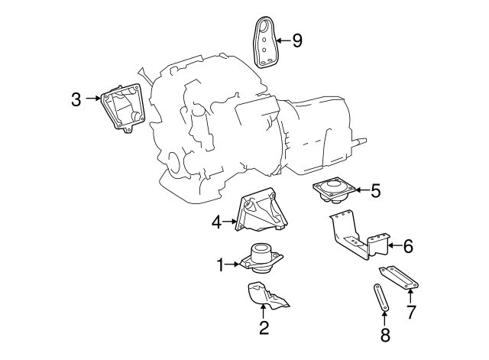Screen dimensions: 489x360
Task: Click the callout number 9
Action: tap(297, 41)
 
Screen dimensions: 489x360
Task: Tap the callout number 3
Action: tap(76, 99)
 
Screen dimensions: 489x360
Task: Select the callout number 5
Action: tap(376, 190)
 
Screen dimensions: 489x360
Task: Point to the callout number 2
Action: tap(264, 328)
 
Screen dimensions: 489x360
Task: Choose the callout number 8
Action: tap(385, 335)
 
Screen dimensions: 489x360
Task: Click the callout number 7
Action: tap(411, 312)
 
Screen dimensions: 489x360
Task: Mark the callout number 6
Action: tap(408, 246)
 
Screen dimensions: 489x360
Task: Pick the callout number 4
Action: tap(217, 222)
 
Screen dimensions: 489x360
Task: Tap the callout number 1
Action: tap(221, 265)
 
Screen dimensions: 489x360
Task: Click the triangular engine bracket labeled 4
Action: tap(261, 212)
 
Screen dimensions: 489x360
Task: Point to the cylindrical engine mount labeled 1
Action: tap(261, 258)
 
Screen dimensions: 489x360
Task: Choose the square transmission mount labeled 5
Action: tap(335, 190)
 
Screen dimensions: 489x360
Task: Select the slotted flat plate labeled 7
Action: tap(399, 277)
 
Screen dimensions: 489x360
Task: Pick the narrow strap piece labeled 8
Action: tap(381, 297)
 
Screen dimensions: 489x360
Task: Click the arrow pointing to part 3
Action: tap(92, 99)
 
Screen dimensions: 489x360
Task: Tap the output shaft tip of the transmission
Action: tap(365, 141)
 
